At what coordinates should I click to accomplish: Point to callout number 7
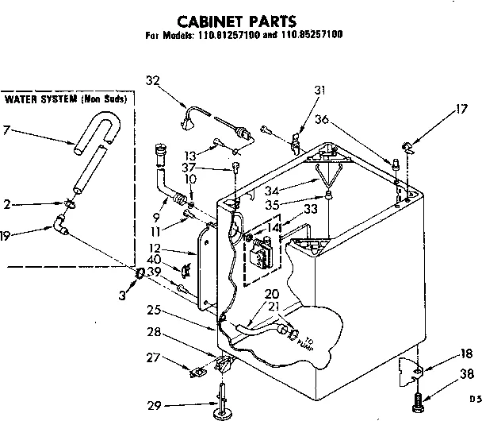pyautogui.click(x=6, y=129)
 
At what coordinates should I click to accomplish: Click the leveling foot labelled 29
pyautogui.click(x=221, y=405)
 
